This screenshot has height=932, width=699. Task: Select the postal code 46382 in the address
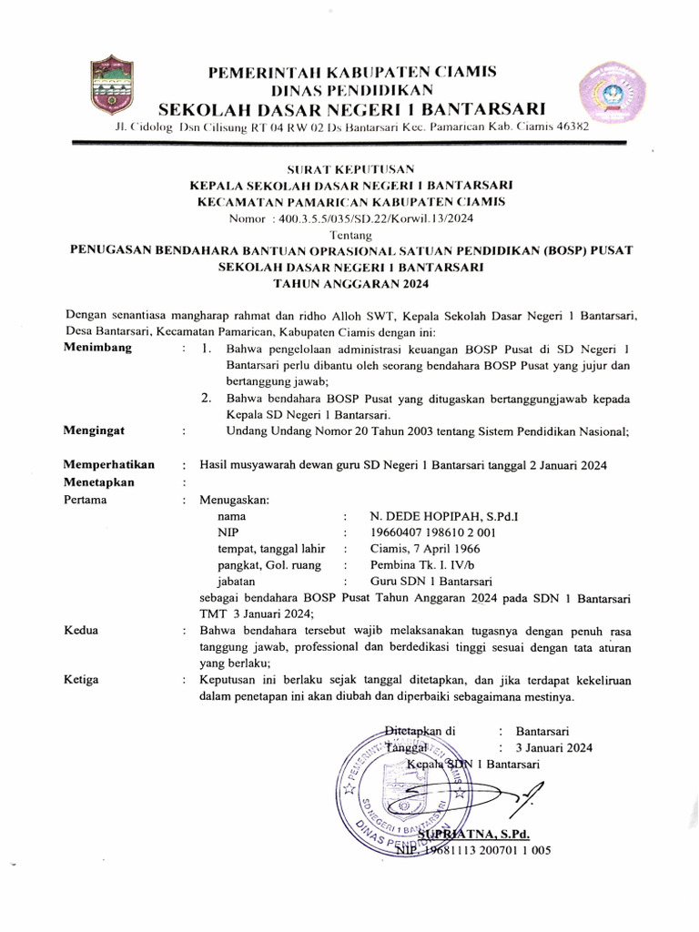coord(572,127)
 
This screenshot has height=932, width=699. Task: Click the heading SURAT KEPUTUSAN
coord(350,169)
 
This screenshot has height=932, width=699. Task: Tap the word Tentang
coord(350,234)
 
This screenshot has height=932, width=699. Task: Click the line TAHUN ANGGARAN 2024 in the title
coord(350,284)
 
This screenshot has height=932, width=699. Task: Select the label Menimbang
coord(97,348)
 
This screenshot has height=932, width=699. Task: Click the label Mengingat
coord(95,431)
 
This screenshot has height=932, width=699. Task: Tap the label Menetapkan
coord(99,482)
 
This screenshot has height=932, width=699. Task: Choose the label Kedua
coord(81,631)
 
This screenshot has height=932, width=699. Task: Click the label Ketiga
coord(81,680)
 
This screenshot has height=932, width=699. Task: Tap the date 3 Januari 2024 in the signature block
coord(553,747)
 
